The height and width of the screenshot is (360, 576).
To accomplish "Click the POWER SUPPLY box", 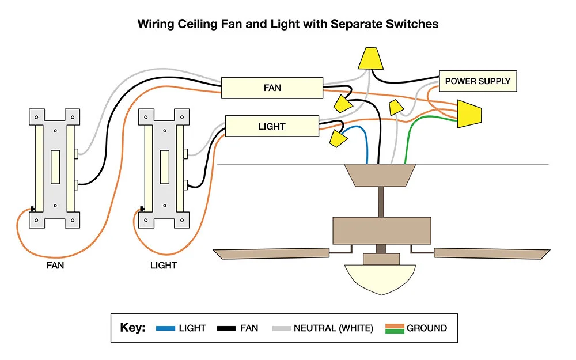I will pyautogui.click(x=478, y=81).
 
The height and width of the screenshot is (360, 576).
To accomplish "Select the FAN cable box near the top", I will pyautogui.click(x=272, y=88).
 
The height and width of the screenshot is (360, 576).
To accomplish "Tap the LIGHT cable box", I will pyautogui.click(x=272, y=126).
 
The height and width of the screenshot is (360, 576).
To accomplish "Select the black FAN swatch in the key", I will pyautogui.click(x=226, y=328).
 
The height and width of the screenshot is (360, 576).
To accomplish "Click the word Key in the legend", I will pyautogui.click(x=132, y=328).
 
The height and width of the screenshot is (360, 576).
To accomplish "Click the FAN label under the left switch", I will pyautogui.click(x=55, y=266).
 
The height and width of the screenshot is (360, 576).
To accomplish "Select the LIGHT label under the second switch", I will pyautogui.click(x=164, y=266).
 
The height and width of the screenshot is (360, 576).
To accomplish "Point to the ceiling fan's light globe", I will pyautogui.click(x=381, y=279).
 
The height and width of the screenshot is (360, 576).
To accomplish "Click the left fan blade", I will pyautogui.click(x=271, y=253).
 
